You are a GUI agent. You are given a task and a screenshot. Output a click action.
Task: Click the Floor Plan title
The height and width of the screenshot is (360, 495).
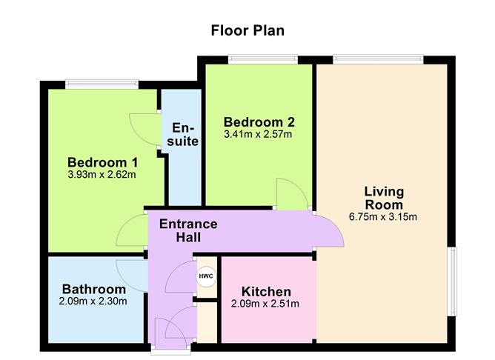click(x=247, y=30)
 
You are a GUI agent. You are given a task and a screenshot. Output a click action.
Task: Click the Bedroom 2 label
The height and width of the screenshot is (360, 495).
click(x=254, y=122)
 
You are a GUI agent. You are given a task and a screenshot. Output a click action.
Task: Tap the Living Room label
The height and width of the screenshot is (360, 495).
click(x=383, y=198)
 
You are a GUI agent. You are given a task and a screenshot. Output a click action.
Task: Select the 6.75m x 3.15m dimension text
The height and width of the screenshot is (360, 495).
click(x=383, y=217)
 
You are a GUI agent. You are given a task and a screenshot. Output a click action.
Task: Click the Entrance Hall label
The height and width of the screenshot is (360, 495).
click(x=188, y=230)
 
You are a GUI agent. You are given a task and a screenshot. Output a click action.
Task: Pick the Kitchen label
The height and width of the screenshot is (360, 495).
click(x=265, y=291)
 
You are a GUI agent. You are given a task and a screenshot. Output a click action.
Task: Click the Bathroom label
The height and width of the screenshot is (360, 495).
click(x=93, y=288)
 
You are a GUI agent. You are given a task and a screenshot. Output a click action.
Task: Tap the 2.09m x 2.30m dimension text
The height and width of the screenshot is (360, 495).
click(x=93, y=301)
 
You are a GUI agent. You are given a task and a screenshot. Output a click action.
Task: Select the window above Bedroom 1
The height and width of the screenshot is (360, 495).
click(x=102, y=84)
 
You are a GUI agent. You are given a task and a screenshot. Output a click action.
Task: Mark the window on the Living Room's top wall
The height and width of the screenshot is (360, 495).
click(x=378, y=59)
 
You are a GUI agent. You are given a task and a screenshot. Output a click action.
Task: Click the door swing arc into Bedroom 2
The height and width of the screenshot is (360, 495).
click(x=292, y=193)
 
